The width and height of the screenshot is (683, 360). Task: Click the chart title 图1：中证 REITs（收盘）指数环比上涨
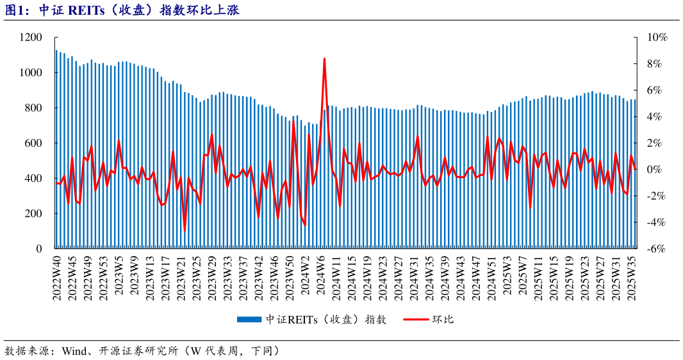tap(122, 10)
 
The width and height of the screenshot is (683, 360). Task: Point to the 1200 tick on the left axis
tap(31, 38)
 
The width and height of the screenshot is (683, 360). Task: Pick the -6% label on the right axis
tap(656, 249)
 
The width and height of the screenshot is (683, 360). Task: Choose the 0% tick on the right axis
tap(655, 170)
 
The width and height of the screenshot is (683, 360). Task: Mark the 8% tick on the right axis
tap(655, 64)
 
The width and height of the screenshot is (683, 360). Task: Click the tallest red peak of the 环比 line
tap(325, 59)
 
